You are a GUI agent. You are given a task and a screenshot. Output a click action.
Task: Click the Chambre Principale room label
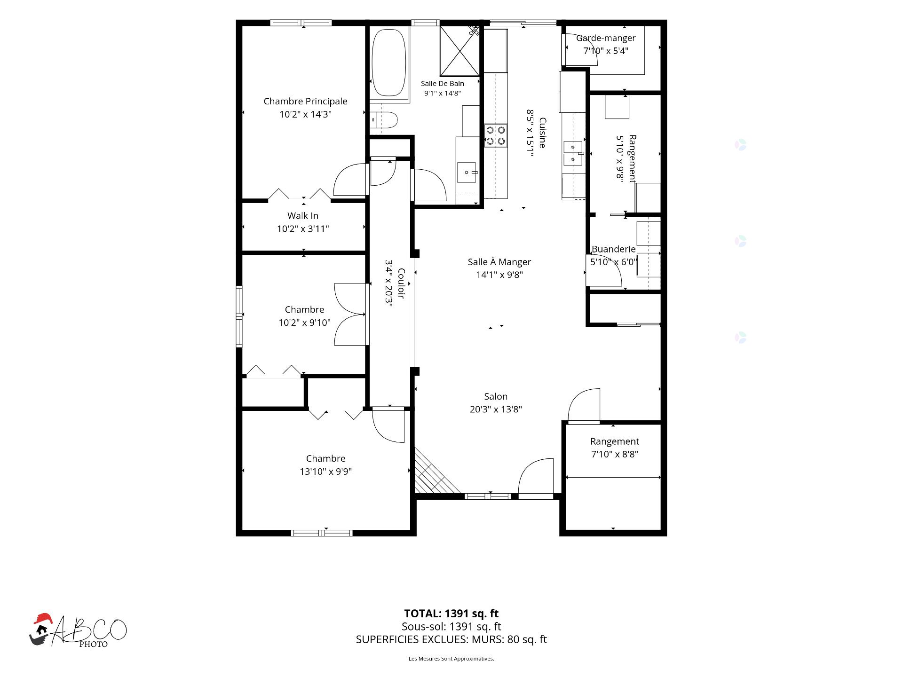point(305,101)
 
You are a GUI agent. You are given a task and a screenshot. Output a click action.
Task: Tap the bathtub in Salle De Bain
point(388,63)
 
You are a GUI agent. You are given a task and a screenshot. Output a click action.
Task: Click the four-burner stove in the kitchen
point(496,135)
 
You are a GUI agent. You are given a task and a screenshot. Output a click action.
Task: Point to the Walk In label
point(303,216)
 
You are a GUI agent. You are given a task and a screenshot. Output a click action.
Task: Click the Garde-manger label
point(606,38)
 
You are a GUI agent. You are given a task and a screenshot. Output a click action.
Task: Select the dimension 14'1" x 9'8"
point(499,275)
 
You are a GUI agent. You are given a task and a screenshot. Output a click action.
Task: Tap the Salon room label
point(496,396)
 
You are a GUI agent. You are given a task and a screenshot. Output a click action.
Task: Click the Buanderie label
point(613,249)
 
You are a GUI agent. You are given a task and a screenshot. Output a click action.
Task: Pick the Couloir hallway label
point(401,283)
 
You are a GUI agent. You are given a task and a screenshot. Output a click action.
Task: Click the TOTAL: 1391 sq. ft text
point(451,614)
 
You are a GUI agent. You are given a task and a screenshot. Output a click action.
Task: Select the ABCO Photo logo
point(78,630)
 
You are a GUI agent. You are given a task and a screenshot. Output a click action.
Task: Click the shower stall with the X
point(459,51)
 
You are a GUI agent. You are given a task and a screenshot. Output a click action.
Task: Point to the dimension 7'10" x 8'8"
point(615,454)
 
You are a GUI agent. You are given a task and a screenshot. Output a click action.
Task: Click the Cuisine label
point(542,133)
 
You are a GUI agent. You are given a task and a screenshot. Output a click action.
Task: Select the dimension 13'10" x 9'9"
point(325,472)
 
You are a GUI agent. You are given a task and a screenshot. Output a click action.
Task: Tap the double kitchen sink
point(574,154)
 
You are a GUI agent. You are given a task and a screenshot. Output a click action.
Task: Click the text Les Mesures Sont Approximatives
point(451,659)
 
